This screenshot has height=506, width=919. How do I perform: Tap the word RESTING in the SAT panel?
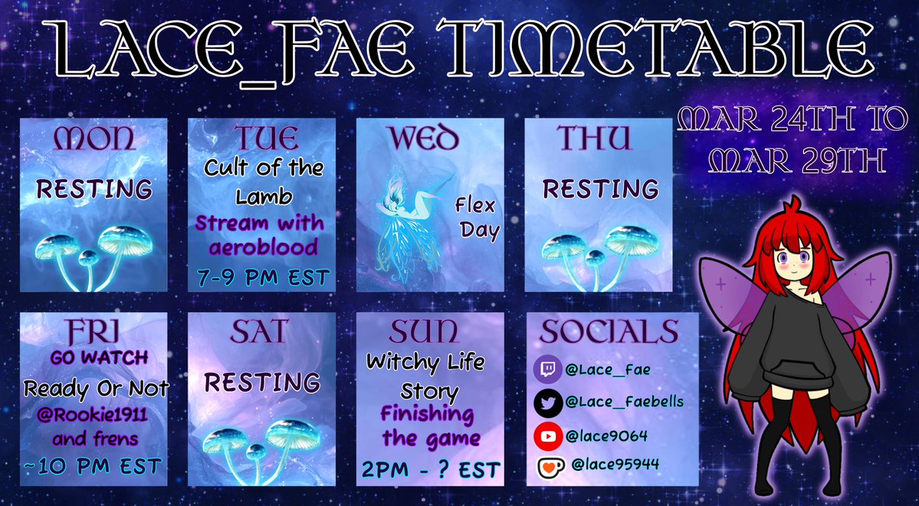click(263, 382)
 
